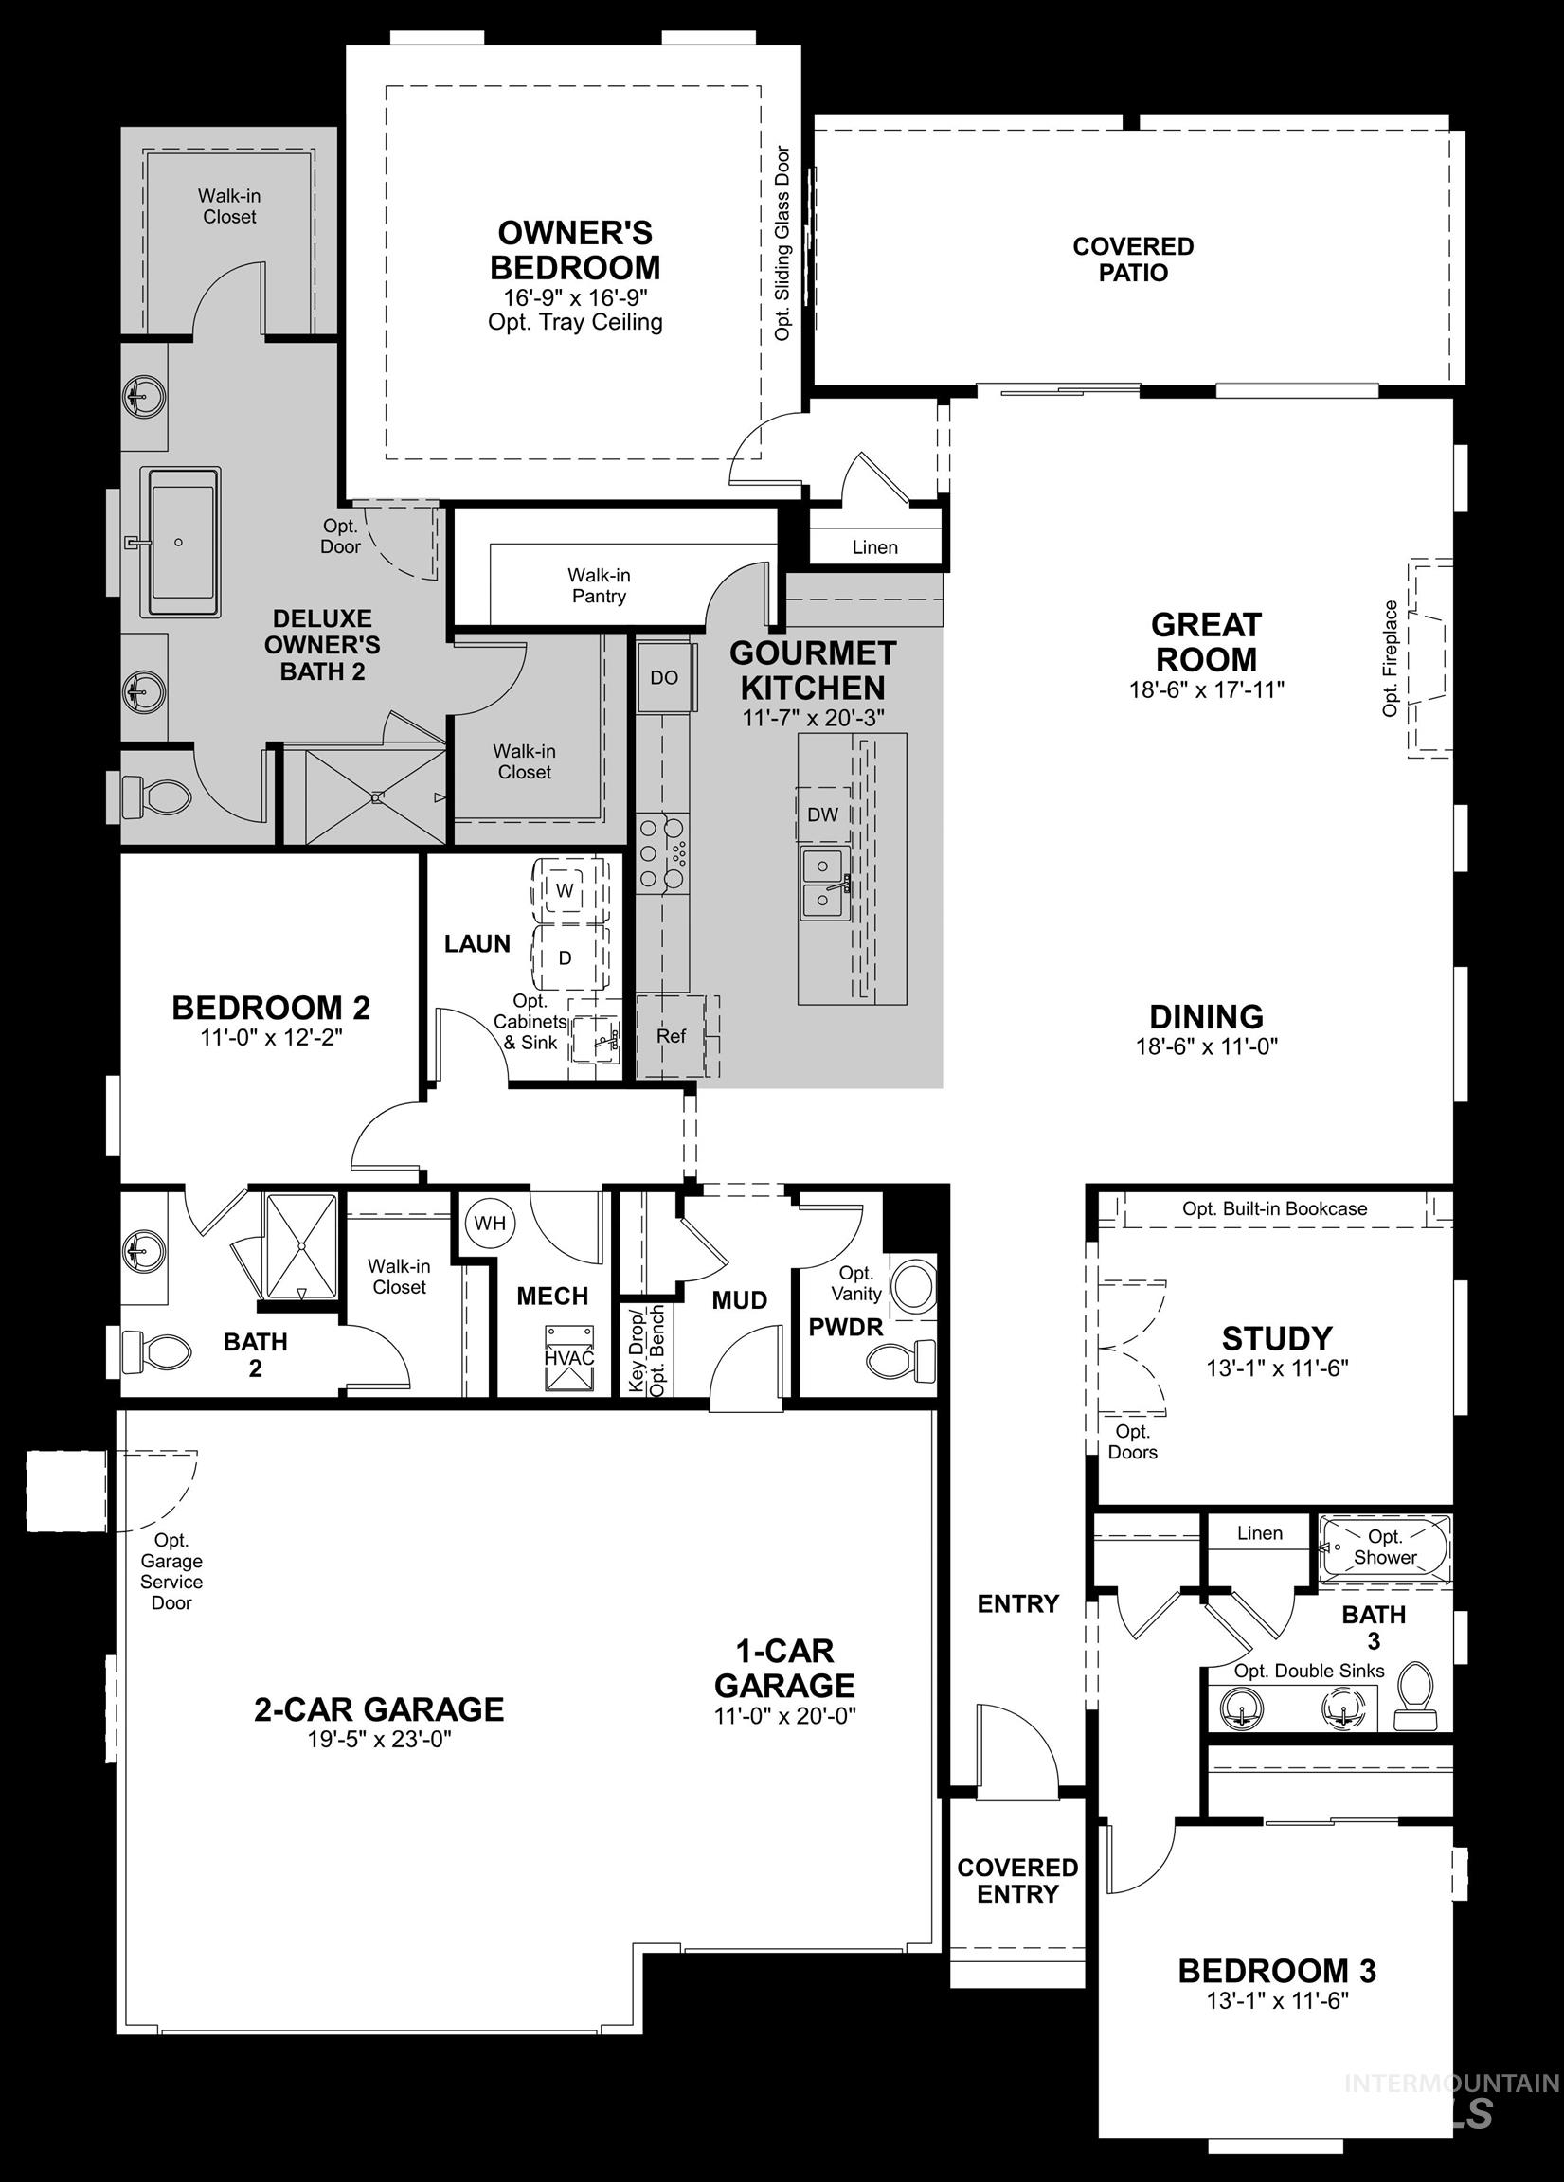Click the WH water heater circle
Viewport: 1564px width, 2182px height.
490,1224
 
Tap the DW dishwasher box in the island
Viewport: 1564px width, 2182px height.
823,814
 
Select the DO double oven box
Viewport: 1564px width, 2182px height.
664,677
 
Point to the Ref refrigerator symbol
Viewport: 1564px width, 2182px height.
672,1036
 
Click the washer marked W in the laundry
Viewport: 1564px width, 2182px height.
566,891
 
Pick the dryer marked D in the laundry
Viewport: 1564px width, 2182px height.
566,958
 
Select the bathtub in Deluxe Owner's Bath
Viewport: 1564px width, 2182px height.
180,542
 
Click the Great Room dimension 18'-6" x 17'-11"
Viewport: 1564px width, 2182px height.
1207,689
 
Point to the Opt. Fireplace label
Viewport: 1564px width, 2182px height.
1390,658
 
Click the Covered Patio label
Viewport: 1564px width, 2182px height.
1133,259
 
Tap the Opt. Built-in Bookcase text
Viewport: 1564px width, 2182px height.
1274,1208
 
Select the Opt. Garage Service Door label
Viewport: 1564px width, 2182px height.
171,1571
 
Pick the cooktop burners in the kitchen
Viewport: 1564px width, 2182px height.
662,851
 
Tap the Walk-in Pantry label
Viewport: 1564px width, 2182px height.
599,585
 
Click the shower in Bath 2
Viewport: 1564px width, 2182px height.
301,1246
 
